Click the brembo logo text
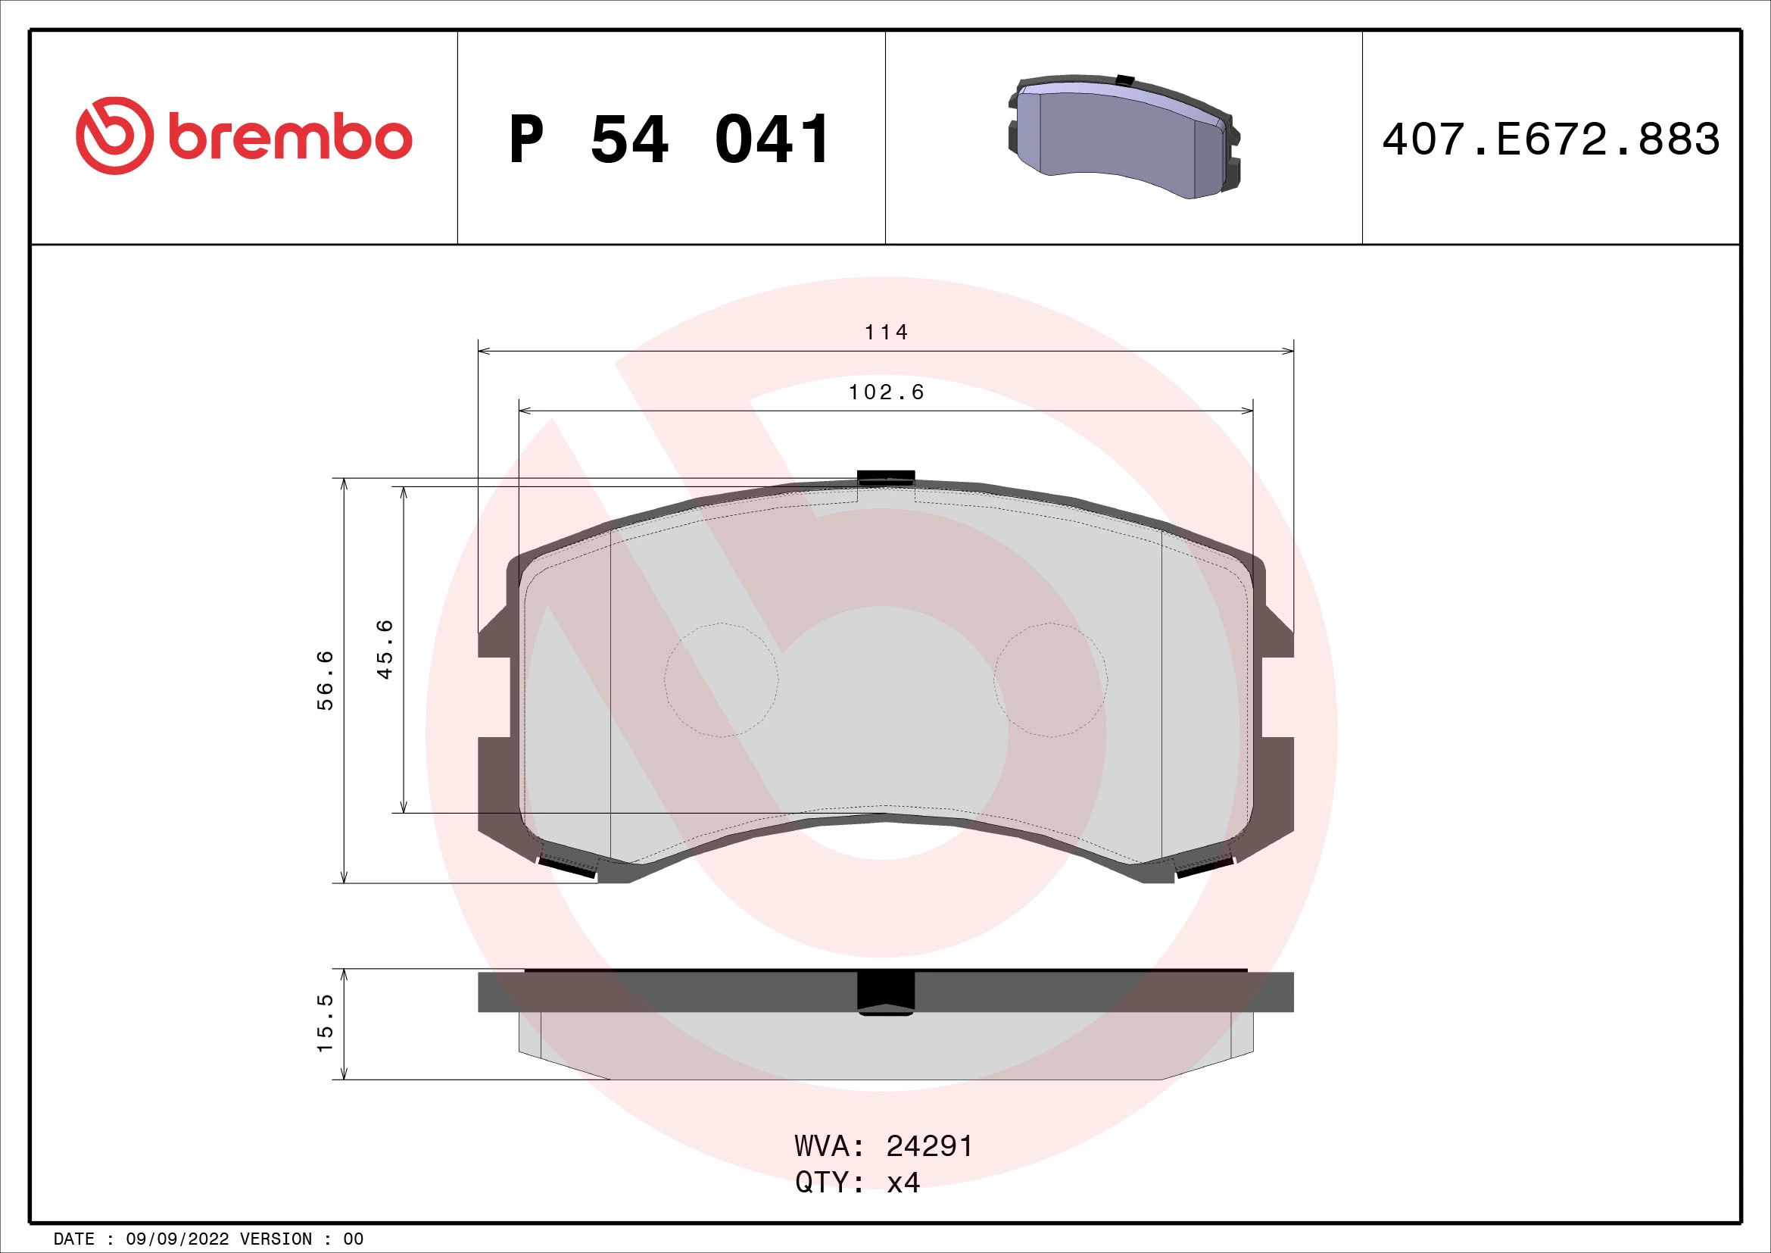[290, 138]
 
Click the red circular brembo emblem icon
[114, 136]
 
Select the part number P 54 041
[669, 139]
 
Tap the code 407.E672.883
[1551, 139]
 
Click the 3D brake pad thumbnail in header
[1124, 136]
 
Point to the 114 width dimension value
[887, 333]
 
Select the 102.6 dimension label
[887, 392]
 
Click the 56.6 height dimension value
[326, 680]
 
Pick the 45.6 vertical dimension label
[385, 649]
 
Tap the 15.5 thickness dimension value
[326, 1023]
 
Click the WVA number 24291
[930, 1146]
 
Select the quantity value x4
[903, 1182]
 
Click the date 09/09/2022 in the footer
[177, 1239]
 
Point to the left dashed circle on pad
[722, 680]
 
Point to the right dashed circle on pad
[1051, 680]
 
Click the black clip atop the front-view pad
[887, 476]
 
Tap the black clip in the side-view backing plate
[887, 994]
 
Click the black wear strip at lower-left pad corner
[567, 868]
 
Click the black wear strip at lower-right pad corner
[1205, 868]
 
